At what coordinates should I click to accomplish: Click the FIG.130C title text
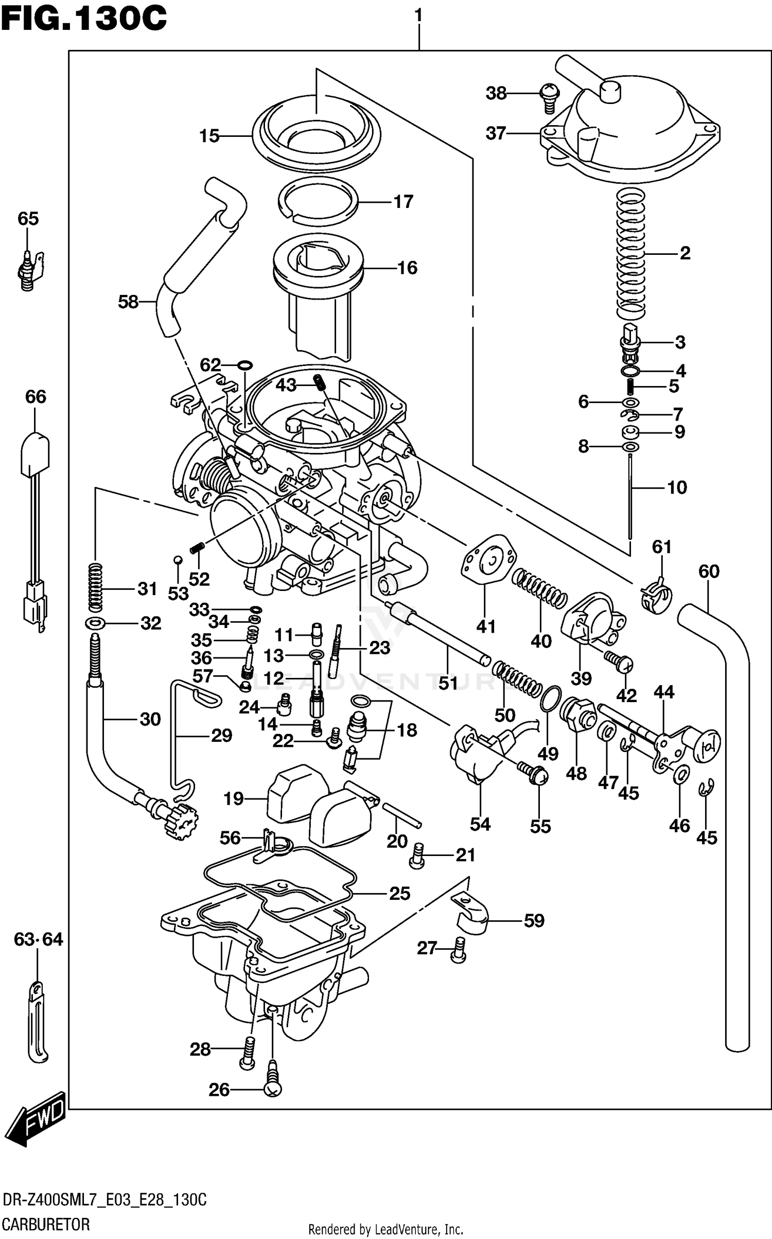click(84, 19)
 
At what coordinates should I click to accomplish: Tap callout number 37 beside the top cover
click(496, 133)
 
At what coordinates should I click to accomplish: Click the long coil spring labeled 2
click(631, 252)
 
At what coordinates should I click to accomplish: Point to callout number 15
click(209, 136)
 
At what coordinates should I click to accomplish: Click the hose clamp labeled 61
click(657, 597)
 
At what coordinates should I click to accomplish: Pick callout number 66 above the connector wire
click(36, 397)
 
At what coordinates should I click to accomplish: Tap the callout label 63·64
click(38, 939)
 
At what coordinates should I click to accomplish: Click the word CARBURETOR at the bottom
click(46, 1223)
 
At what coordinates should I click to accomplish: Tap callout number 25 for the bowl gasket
click(399, 893)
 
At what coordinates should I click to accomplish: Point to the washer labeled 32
click(96, 624)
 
